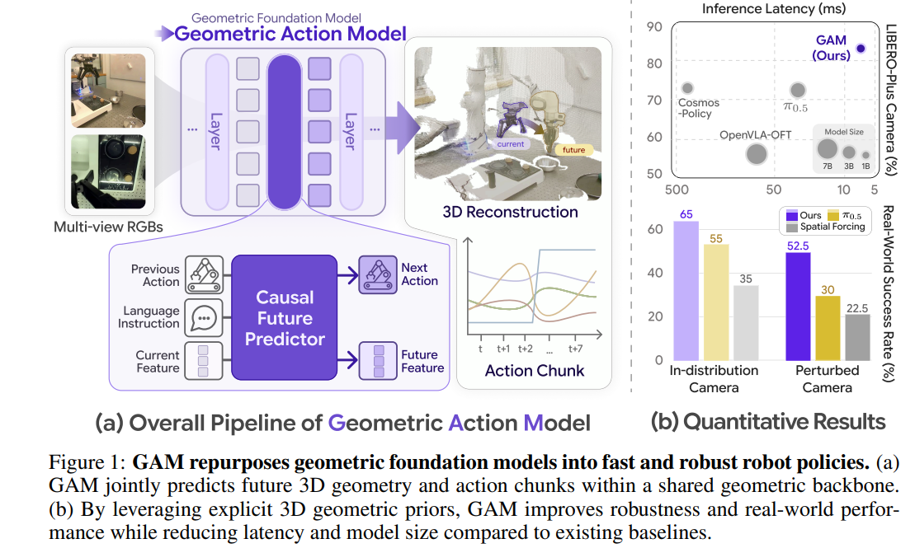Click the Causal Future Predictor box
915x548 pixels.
284,318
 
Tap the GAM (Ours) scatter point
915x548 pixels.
861,49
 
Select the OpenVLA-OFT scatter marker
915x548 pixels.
757,154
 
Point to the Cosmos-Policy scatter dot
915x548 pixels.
687,88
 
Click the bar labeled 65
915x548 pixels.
686,291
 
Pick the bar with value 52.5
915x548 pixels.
798,307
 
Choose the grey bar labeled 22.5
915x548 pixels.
857,338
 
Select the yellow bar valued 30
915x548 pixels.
828,328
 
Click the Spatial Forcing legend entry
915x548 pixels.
826,227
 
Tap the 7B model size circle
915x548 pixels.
827,149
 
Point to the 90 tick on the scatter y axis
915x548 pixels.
654,27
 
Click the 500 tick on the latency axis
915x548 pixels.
677,190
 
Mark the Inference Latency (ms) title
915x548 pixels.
773,9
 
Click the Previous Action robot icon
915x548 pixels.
205,274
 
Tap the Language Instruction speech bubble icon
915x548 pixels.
204,318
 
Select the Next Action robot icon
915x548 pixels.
378,274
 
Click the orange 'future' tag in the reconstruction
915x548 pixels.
573,150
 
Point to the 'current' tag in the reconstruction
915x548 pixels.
511,144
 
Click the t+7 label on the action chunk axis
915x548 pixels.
575,349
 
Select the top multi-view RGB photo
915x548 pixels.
109,90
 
